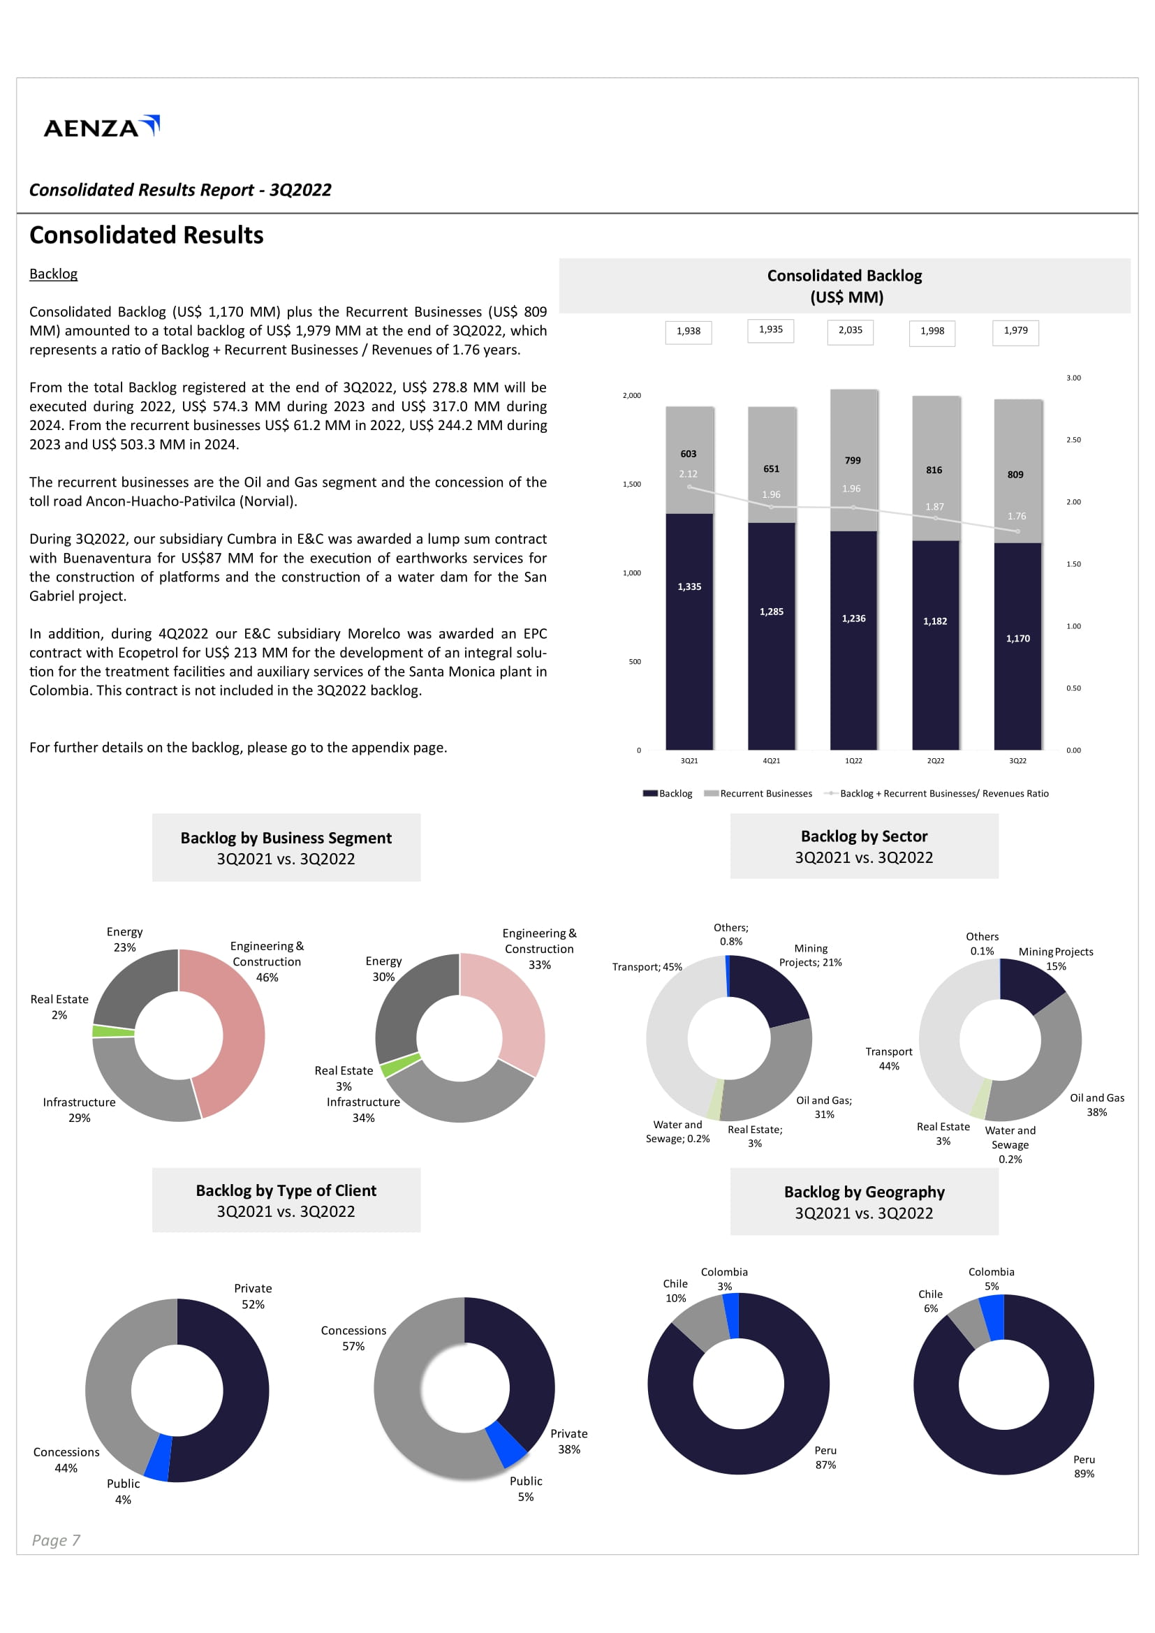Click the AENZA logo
[101, 126]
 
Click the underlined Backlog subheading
[53, 274]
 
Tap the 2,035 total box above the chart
[850, 331]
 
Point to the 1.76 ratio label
[1016, 517]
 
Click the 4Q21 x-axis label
[771, 761]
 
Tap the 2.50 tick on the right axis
[1073, 441]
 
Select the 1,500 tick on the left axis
[631, 485]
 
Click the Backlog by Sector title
[863, 836]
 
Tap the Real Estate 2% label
[59, 1007]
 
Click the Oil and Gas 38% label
[1096, 1104]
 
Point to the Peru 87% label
[825, 1457]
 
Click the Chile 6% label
[930, 1301]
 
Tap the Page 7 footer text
[56, 1541]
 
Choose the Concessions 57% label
[353, 1338]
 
